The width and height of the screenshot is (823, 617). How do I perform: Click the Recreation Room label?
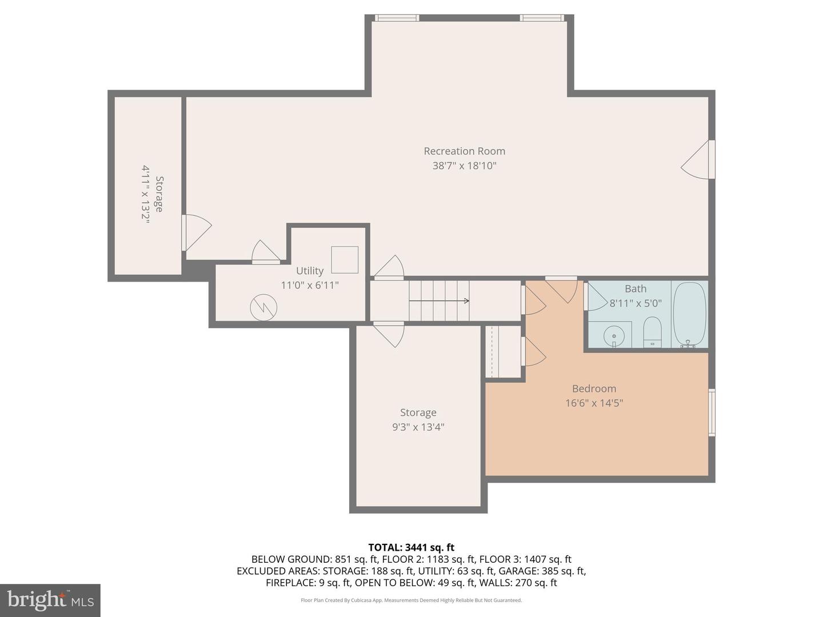coord(464,151)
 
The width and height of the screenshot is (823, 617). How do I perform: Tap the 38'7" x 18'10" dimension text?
coord(464,166)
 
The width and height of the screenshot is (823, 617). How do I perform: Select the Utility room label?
coord(310,271)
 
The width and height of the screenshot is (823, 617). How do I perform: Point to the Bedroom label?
coord(594,388)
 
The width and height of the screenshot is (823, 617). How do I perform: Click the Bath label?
coord(636,289)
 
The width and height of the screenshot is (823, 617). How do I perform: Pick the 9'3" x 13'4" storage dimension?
coord(418,427)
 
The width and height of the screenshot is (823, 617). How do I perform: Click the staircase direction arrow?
coord(439,301)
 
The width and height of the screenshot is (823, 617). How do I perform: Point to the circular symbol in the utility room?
coord(263,307)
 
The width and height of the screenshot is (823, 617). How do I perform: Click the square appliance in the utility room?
coord(345,259)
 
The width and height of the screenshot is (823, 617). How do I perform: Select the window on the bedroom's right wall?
coord(712,412)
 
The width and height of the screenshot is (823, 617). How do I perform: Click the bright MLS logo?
coord(50,600)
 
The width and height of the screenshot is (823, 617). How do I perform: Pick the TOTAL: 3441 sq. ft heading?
coord(411,547)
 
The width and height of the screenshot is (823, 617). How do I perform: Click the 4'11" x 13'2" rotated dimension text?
coord(146,195)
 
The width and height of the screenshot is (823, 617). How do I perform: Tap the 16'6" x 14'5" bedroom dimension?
coord(594,403)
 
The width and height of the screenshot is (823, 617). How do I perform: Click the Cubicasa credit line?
coord(411,600)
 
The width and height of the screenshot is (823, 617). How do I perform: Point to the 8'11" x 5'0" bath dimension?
coord(636,303)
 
